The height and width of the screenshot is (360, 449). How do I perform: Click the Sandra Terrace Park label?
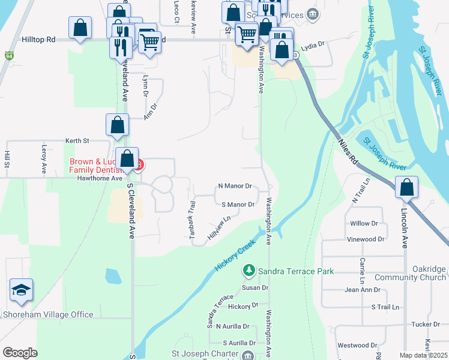click(296, 271)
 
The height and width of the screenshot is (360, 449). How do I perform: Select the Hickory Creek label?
click(236, 256)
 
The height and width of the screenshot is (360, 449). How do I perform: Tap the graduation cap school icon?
click(20, 291)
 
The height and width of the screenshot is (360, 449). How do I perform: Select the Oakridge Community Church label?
click(411, 273)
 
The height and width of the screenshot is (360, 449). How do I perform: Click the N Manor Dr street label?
click(235, 187)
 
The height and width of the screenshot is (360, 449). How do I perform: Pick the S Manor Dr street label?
click(238, 205)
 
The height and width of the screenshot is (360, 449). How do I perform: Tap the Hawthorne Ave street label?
click(99, 178)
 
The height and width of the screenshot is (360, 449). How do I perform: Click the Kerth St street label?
click(78, 140)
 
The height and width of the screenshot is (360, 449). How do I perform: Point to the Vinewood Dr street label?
click(365, 239)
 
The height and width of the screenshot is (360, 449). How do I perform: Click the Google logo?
click(20, 353)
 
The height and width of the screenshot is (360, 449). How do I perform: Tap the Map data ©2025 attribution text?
click(423, 356)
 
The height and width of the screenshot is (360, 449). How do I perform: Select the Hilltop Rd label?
click(38, 39)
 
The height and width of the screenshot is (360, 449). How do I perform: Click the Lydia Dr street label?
click(312, 44)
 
